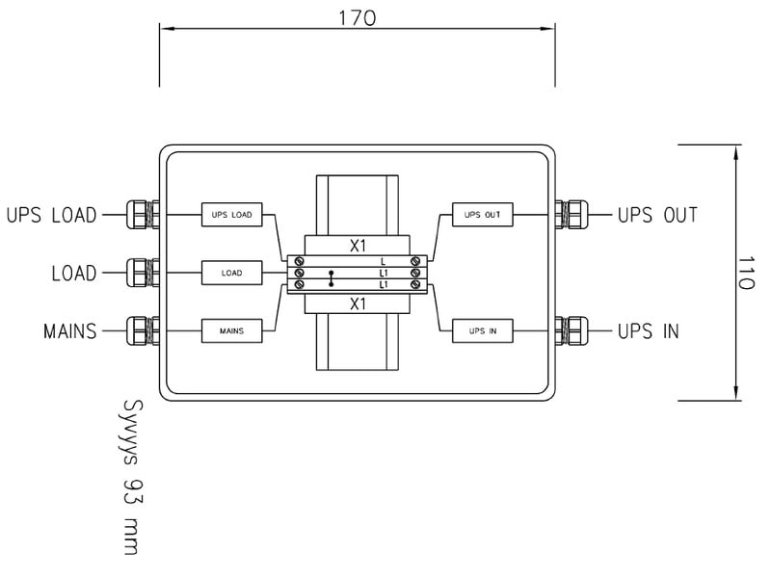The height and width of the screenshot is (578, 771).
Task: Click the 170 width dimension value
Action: [x=358, y=17]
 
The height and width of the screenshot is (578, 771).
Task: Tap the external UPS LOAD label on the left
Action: [x=51, y=215]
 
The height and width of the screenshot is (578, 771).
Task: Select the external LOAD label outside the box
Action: [x=73, y=274]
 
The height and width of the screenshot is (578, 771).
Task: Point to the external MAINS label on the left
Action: [x=69, y=331]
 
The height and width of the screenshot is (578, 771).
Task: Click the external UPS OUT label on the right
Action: [x=657, y=215]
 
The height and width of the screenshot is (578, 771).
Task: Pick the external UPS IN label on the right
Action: [x=648, y=331]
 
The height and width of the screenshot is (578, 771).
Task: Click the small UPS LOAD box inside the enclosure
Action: [x=231, y=215]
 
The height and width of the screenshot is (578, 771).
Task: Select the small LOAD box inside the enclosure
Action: [x=231, y=274]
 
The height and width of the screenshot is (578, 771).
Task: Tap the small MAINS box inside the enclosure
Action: [x=231, y=331]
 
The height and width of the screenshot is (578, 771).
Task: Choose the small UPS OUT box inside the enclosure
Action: [x=483, y=215]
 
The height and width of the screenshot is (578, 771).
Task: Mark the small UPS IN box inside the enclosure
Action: [x=483, y=331]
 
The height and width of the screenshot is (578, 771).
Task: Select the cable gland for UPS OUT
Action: [x=570, y=215]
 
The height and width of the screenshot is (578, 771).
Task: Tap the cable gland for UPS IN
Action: [x=570, y=331]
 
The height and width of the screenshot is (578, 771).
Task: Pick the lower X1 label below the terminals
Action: [x=358, y=303]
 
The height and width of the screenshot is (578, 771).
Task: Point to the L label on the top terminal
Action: [x=384, y=261]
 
